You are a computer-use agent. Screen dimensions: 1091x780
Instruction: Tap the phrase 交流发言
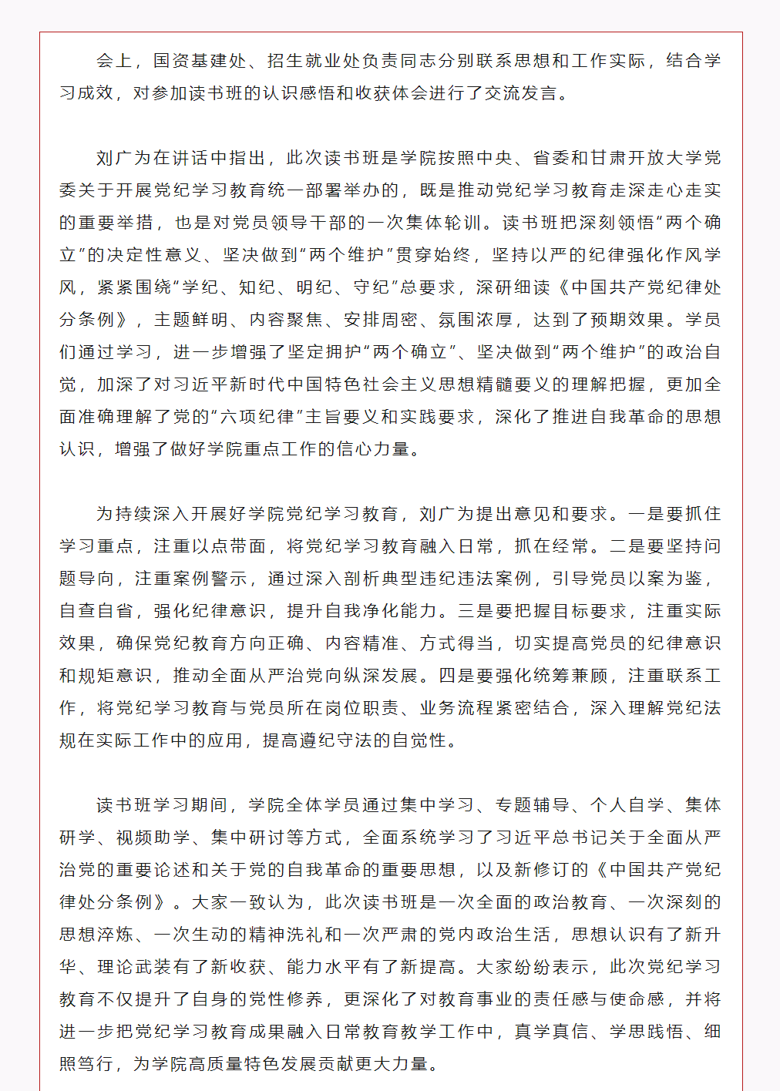522,93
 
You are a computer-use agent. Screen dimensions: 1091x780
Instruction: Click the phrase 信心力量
374,449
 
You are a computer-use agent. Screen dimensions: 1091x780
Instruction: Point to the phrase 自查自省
97,611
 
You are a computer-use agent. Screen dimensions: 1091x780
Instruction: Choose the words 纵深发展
382,676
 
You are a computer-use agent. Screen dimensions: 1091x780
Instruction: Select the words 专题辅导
533,805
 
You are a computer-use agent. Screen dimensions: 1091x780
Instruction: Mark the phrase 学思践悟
647,1032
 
